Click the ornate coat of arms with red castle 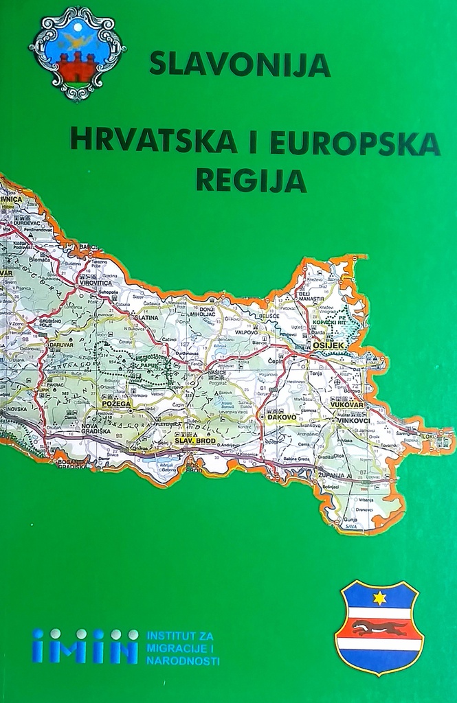click(x=77, y=54)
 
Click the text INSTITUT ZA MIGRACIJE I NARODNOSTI click(x=183, y=648)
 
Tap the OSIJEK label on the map click(x=328, y=346)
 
